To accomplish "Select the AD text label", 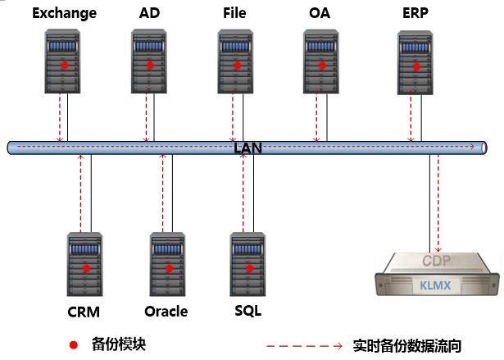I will click(x=150, y=13).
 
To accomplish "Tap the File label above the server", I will click(x=234, y=13).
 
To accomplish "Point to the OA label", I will click(x=320, y=13).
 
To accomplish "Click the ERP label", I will click(x=415, y=13).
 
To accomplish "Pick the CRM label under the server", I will click(x=84, y=312).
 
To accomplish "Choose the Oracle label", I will click(x=166, y=312).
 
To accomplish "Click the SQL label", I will click(x=247, y=311).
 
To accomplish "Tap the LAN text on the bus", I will click(x=247, y=147).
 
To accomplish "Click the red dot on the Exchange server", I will click(x=63, y=64).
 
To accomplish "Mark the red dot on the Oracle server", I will click(x=170, y=267).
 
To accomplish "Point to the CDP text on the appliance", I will click(x=437, y=262).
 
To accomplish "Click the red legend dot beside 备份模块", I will click(x=74, y=344).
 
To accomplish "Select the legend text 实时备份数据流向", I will click(x=406, y=346).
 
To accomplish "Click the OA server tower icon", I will click(x=321, y=61).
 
